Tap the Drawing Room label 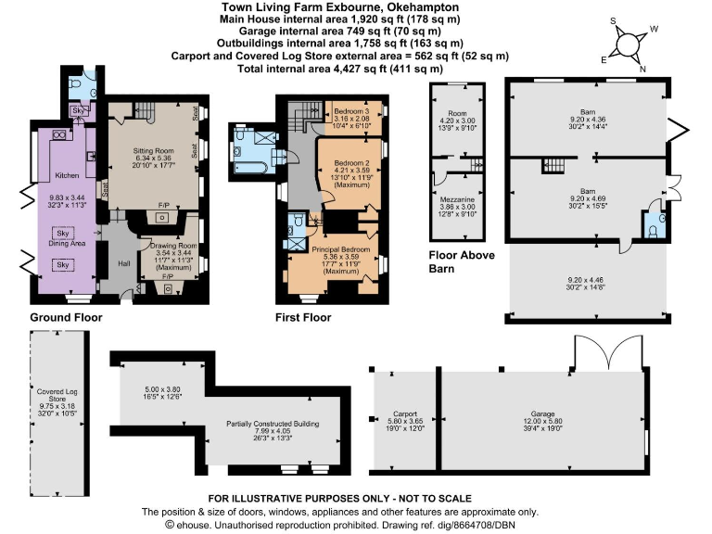[x=168, y=246]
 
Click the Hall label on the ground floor [x=122, y=262]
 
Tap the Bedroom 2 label [x=350, y=163]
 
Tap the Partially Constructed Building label [x=273, y=424]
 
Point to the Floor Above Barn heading [x=463, y=262]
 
